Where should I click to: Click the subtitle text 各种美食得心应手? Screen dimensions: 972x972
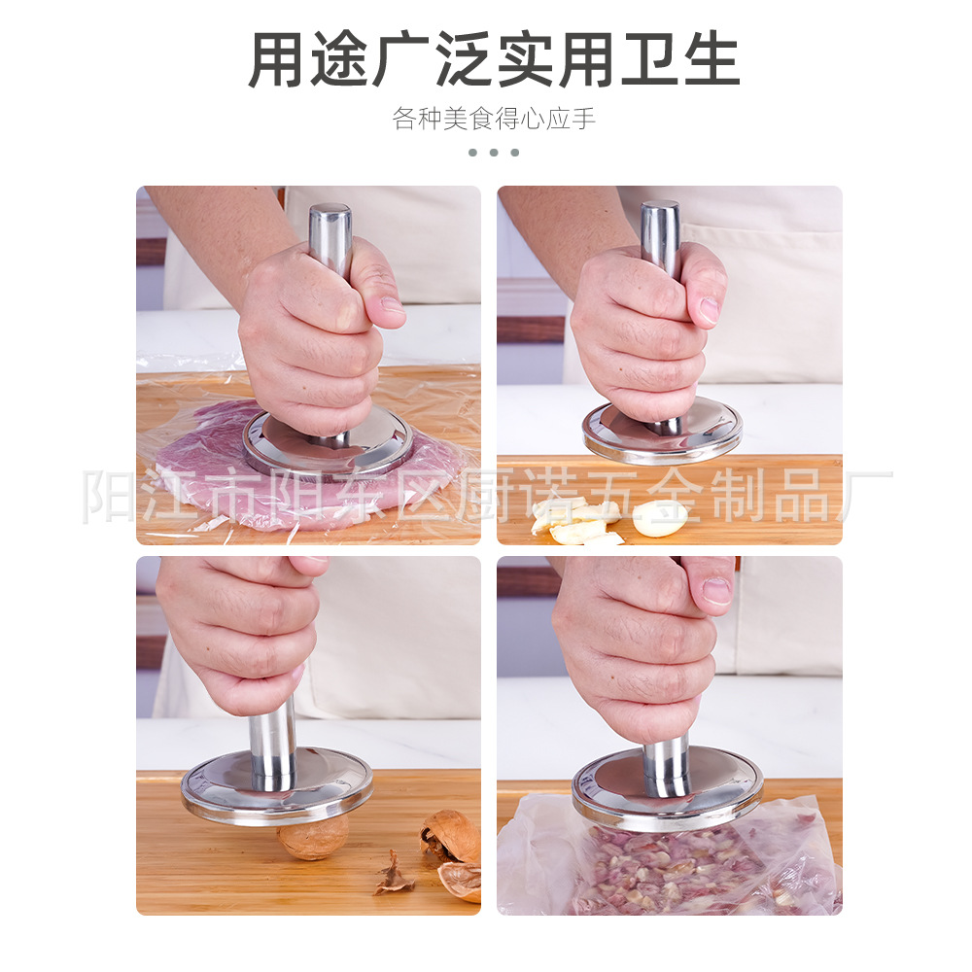pyautogui.click(x=494, y=120)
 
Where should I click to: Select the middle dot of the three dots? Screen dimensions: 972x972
pyautogui.click(x=494, y=153)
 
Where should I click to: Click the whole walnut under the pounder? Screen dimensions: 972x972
pyautogui.click(x=311, y=837)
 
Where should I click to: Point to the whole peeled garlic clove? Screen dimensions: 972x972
pyautogui.click(x=659, y=518)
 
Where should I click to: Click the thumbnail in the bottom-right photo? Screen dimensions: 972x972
pyautogui.click(x=716, y=591)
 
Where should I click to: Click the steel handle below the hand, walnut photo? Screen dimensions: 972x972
pyautogui.click(x=272, y=739)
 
